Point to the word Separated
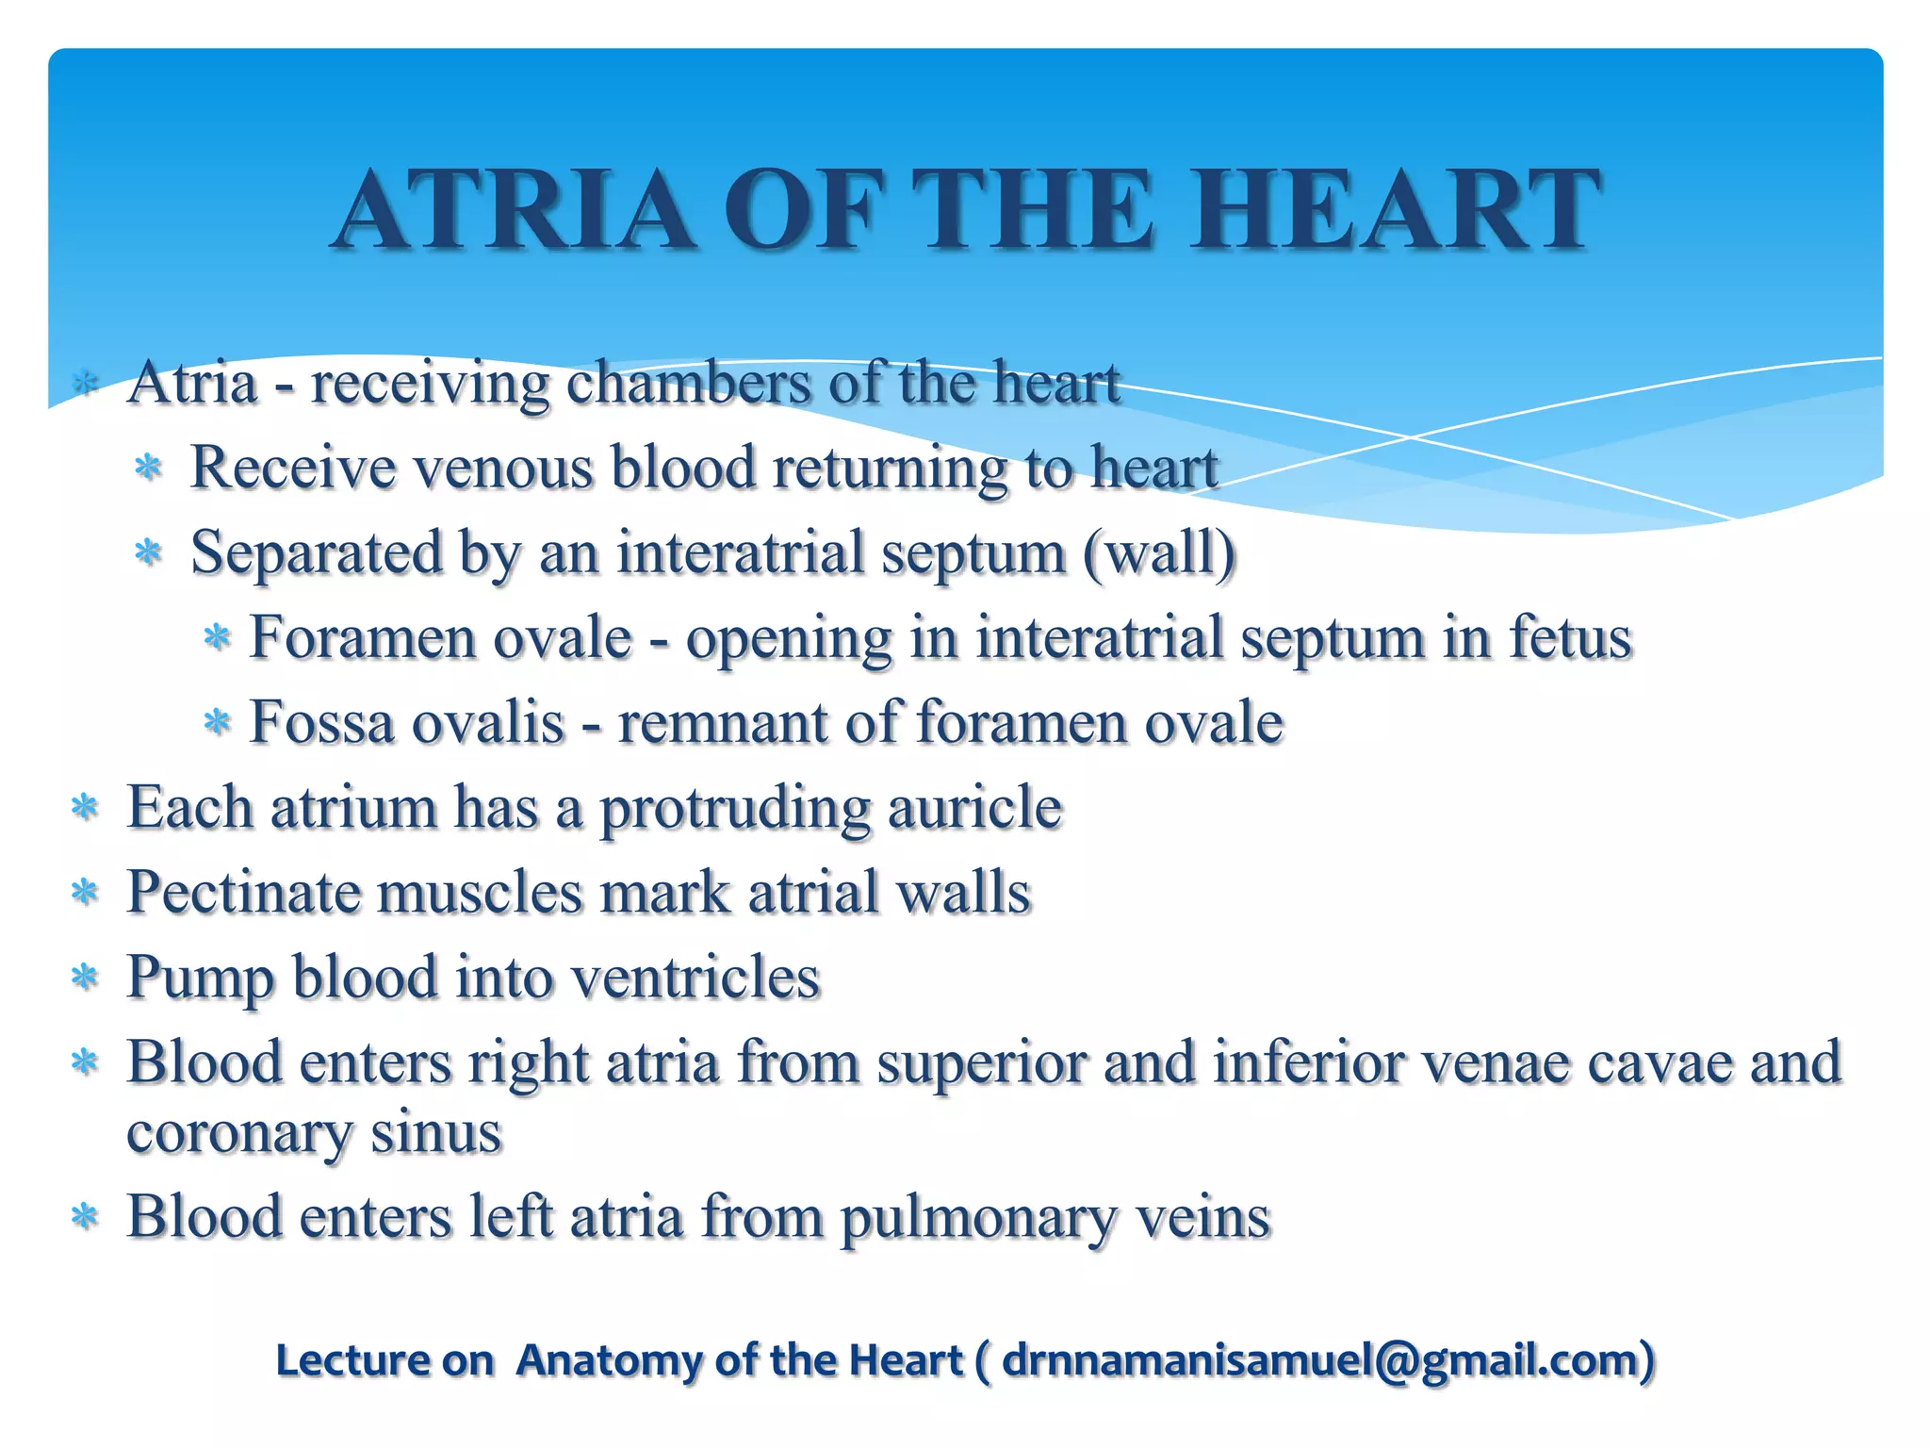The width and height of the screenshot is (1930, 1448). tap(317, 552)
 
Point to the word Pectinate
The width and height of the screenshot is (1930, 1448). tap(243, 893)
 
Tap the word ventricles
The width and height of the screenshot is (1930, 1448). tap(696, 978)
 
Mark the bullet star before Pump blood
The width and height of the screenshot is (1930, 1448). tap(86, 978)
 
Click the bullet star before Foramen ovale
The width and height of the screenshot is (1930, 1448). tap(218, 638)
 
